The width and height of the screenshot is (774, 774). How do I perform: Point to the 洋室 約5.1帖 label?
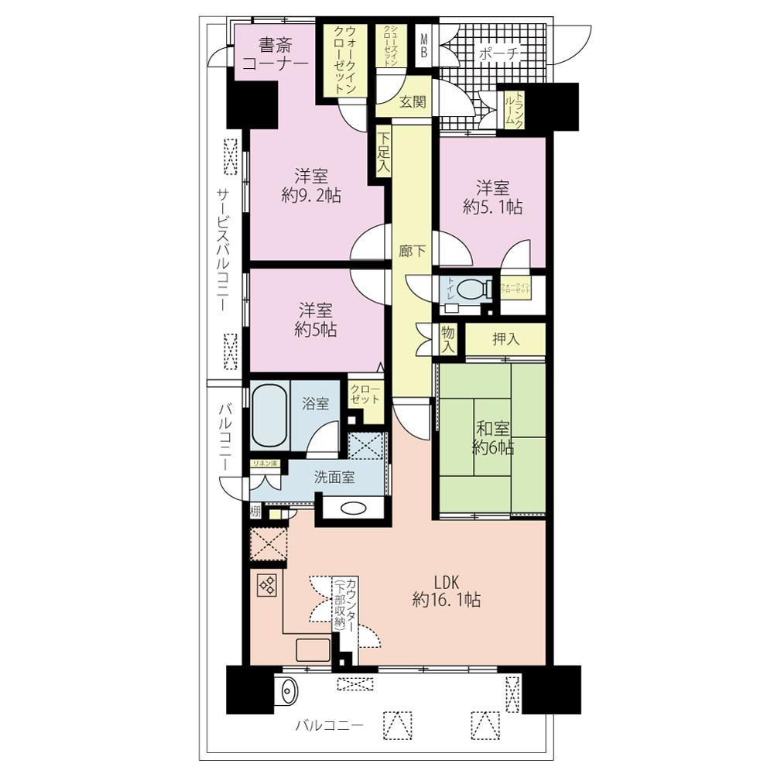[492, 197]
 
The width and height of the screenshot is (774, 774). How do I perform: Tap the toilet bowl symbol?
[473, 289]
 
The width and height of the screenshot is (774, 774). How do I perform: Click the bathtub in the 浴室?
[269, 417]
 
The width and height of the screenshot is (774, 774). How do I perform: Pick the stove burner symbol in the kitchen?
[266, 586]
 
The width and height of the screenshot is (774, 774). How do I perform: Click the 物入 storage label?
[447, 339]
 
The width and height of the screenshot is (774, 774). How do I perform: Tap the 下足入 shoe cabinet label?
[383, 152]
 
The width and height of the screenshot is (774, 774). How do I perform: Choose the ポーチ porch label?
[499, 53]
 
